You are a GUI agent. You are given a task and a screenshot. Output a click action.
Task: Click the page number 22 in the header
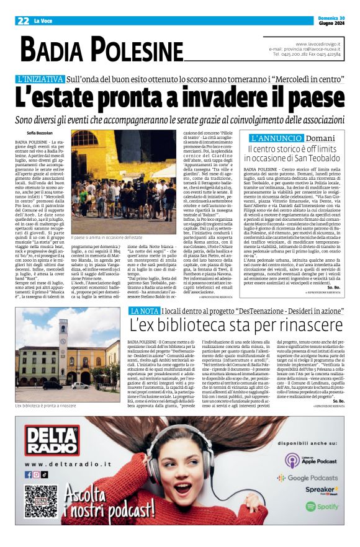click(x=24, y=20)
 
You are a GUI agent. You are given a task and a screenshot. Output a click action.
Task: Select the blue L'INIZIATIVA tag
click(x=40, y=79)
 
